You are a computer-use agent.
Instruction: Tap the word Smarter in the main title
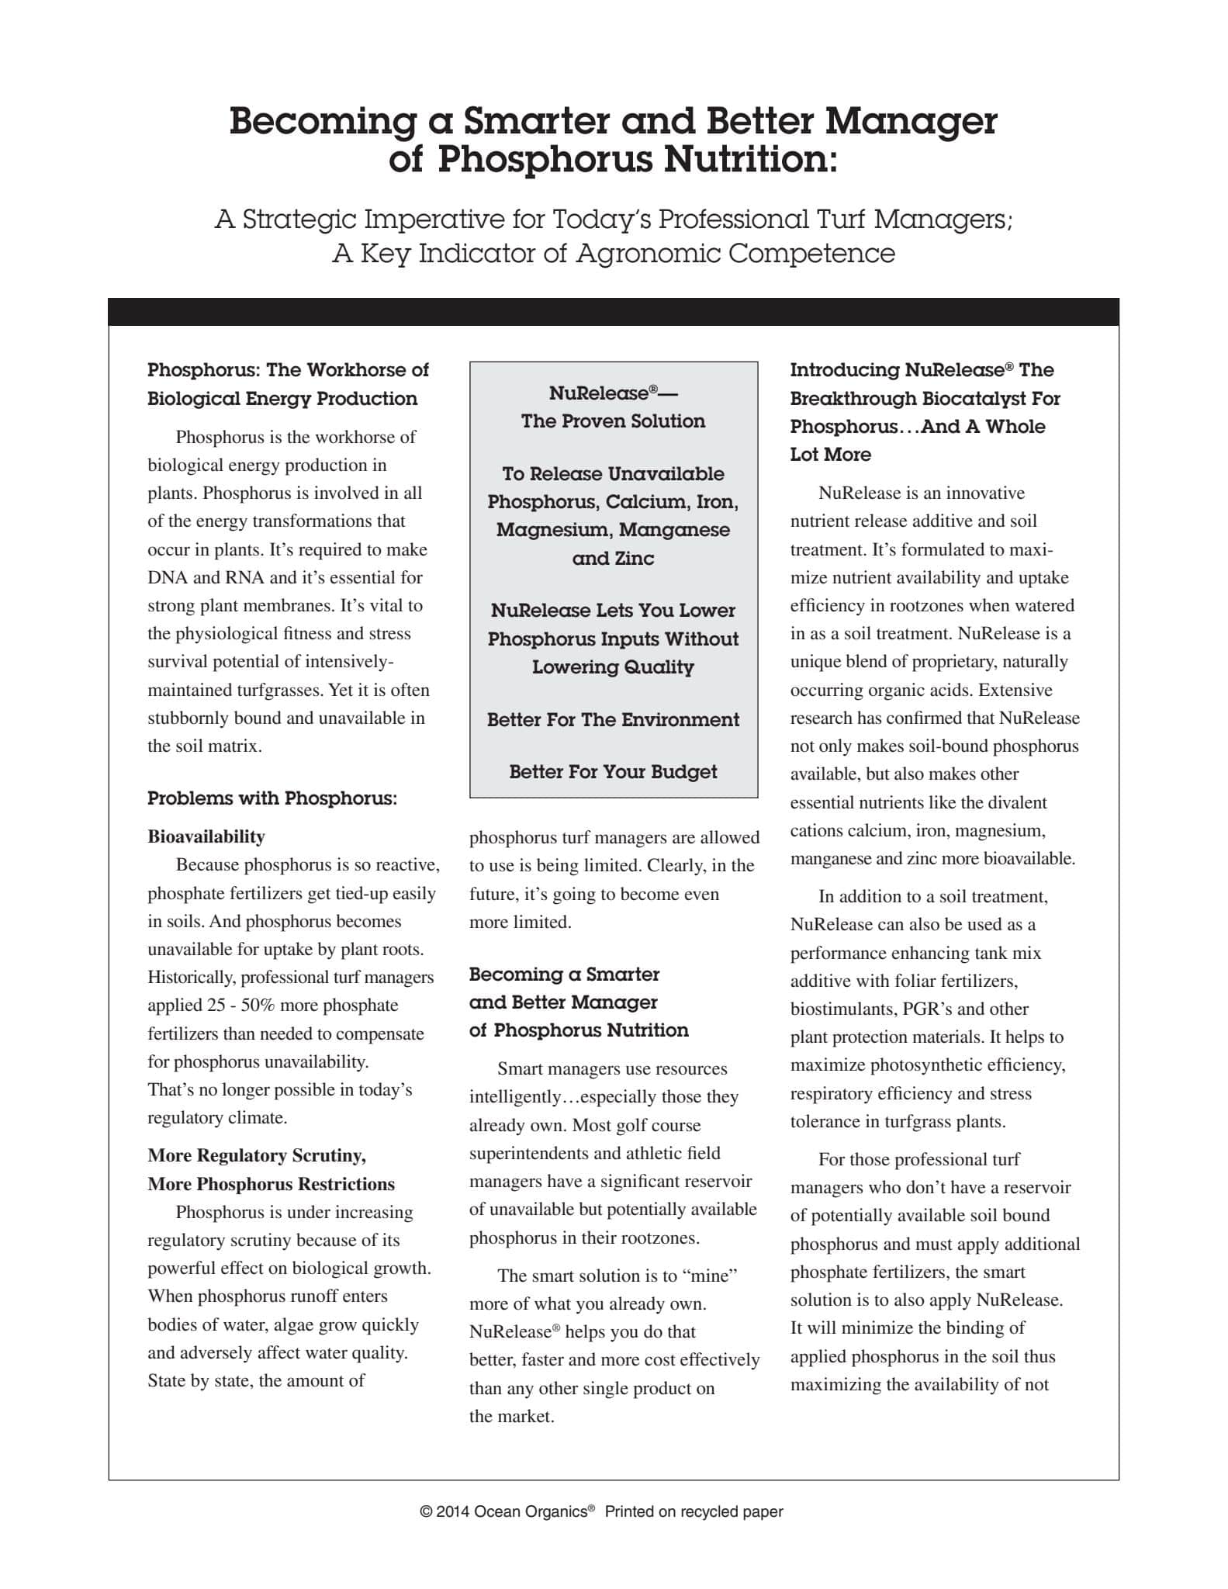pos(541,122)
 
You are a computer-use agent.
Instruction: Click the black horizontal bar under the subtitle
pos(613,312)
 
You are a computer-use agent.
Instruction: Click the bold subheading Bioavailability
pos(206,836)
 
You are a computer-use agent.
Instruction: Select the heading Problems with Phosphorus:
pos(272,798)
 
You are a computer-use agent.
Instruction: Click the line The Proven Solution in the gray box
pos(613,421)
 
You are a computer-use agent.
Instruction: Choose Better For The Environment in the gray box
pos(613,720)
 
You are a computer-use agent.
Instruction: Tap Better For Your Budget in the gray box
pos(613,772)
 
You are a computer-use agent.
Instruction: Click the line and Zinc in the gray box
pos(613,559)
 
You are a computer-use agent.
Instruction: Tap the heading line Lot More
pos(830,455)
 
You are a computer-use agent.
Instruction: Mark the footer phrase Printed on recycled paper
pos(694,1511)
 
